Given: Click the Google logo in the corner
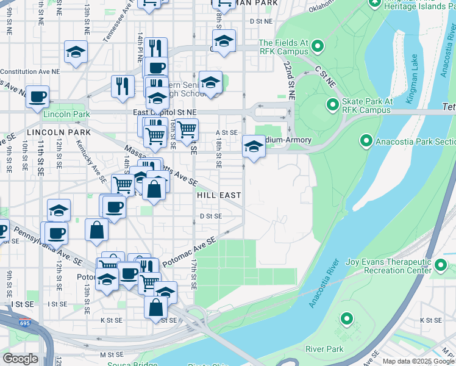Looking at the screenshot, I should (x=20, y=359).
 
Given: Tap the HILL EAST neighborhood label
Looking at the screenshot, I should (x=219, y=195).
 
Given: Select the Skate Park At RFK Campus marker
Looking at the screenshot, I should (x=332, y=105).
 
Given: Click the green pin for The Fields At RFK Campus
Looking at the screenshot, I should (x=316, y=46).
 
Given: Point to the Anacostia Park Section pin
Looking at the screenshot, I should (x=366, y=141).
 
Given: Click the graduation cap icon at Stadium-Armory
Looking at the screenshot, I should (x=254, y=146).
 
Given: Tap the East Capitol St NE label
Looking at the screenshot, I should (x=165, y=113).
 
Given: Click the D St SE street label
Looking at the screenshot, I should (x=211, y=216).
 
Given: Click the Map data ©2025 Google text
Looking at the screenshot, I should (x=418, y=362).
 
